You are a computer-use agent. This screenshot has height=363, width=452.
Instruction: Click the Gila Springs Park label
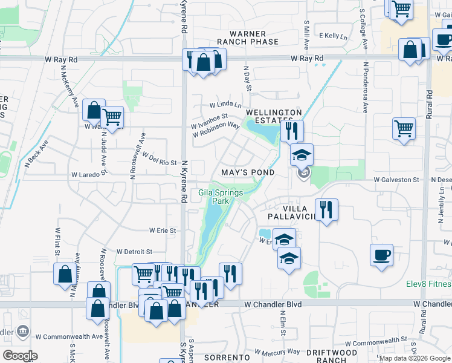coord(220,197)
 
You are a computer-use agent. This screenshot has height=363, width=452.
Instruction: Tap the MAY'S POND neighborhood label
coord(248,173)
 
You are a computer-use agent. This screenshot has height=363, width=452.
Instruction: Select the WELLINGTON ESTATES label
coord(274,117)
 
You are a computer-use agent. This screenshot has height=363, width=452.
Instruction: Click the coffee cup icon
coord(382,255)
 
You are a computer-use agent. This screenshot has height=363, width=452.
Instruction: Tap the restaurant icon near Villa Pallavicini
coord(326,210)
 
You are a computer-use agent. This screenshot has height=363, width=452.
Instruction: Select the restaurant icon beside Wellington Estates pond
coord(291,130)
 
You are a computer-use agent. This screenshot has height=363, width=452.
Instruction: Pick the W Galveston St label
coord(396,180)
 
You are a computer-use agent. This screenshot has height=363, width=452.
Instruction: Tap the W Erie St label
coord(163,231)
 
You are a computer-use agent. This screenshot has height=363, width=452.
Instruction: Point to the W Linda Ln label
coord(225,105)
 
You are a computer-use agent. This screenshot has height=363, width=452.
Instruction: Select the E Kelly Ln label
coord(334,36)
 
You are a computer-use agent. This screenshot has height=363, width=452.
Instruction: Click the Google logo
coord(21,356)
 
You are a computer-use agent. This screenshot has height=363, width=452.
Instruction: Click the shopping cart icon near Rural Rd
coord(404,128)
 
